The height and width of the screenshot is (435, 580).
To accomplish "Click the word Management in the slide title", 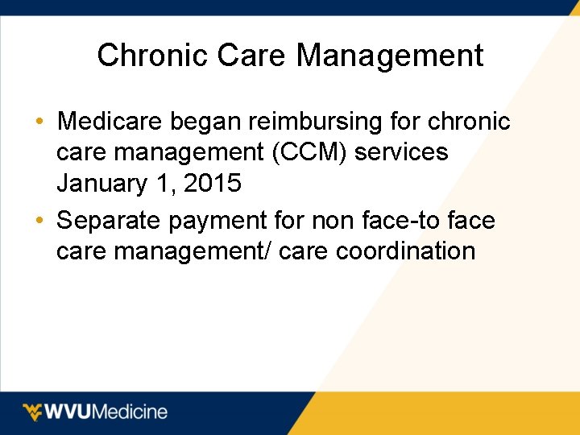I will point(390,56).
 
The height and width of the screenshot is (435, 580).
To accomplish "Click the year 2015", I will point(213,184).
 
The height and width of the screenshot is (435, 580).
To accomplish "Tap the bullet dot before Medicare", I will point(39,122).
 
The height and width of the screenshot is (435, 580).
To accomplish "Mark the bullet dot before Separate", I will point(39,221).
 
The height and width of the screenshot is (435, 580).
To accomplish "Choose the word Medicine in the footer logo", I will point(132,412).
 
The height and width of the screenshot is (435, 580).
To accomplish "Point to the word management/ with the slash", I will point(194,251).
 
